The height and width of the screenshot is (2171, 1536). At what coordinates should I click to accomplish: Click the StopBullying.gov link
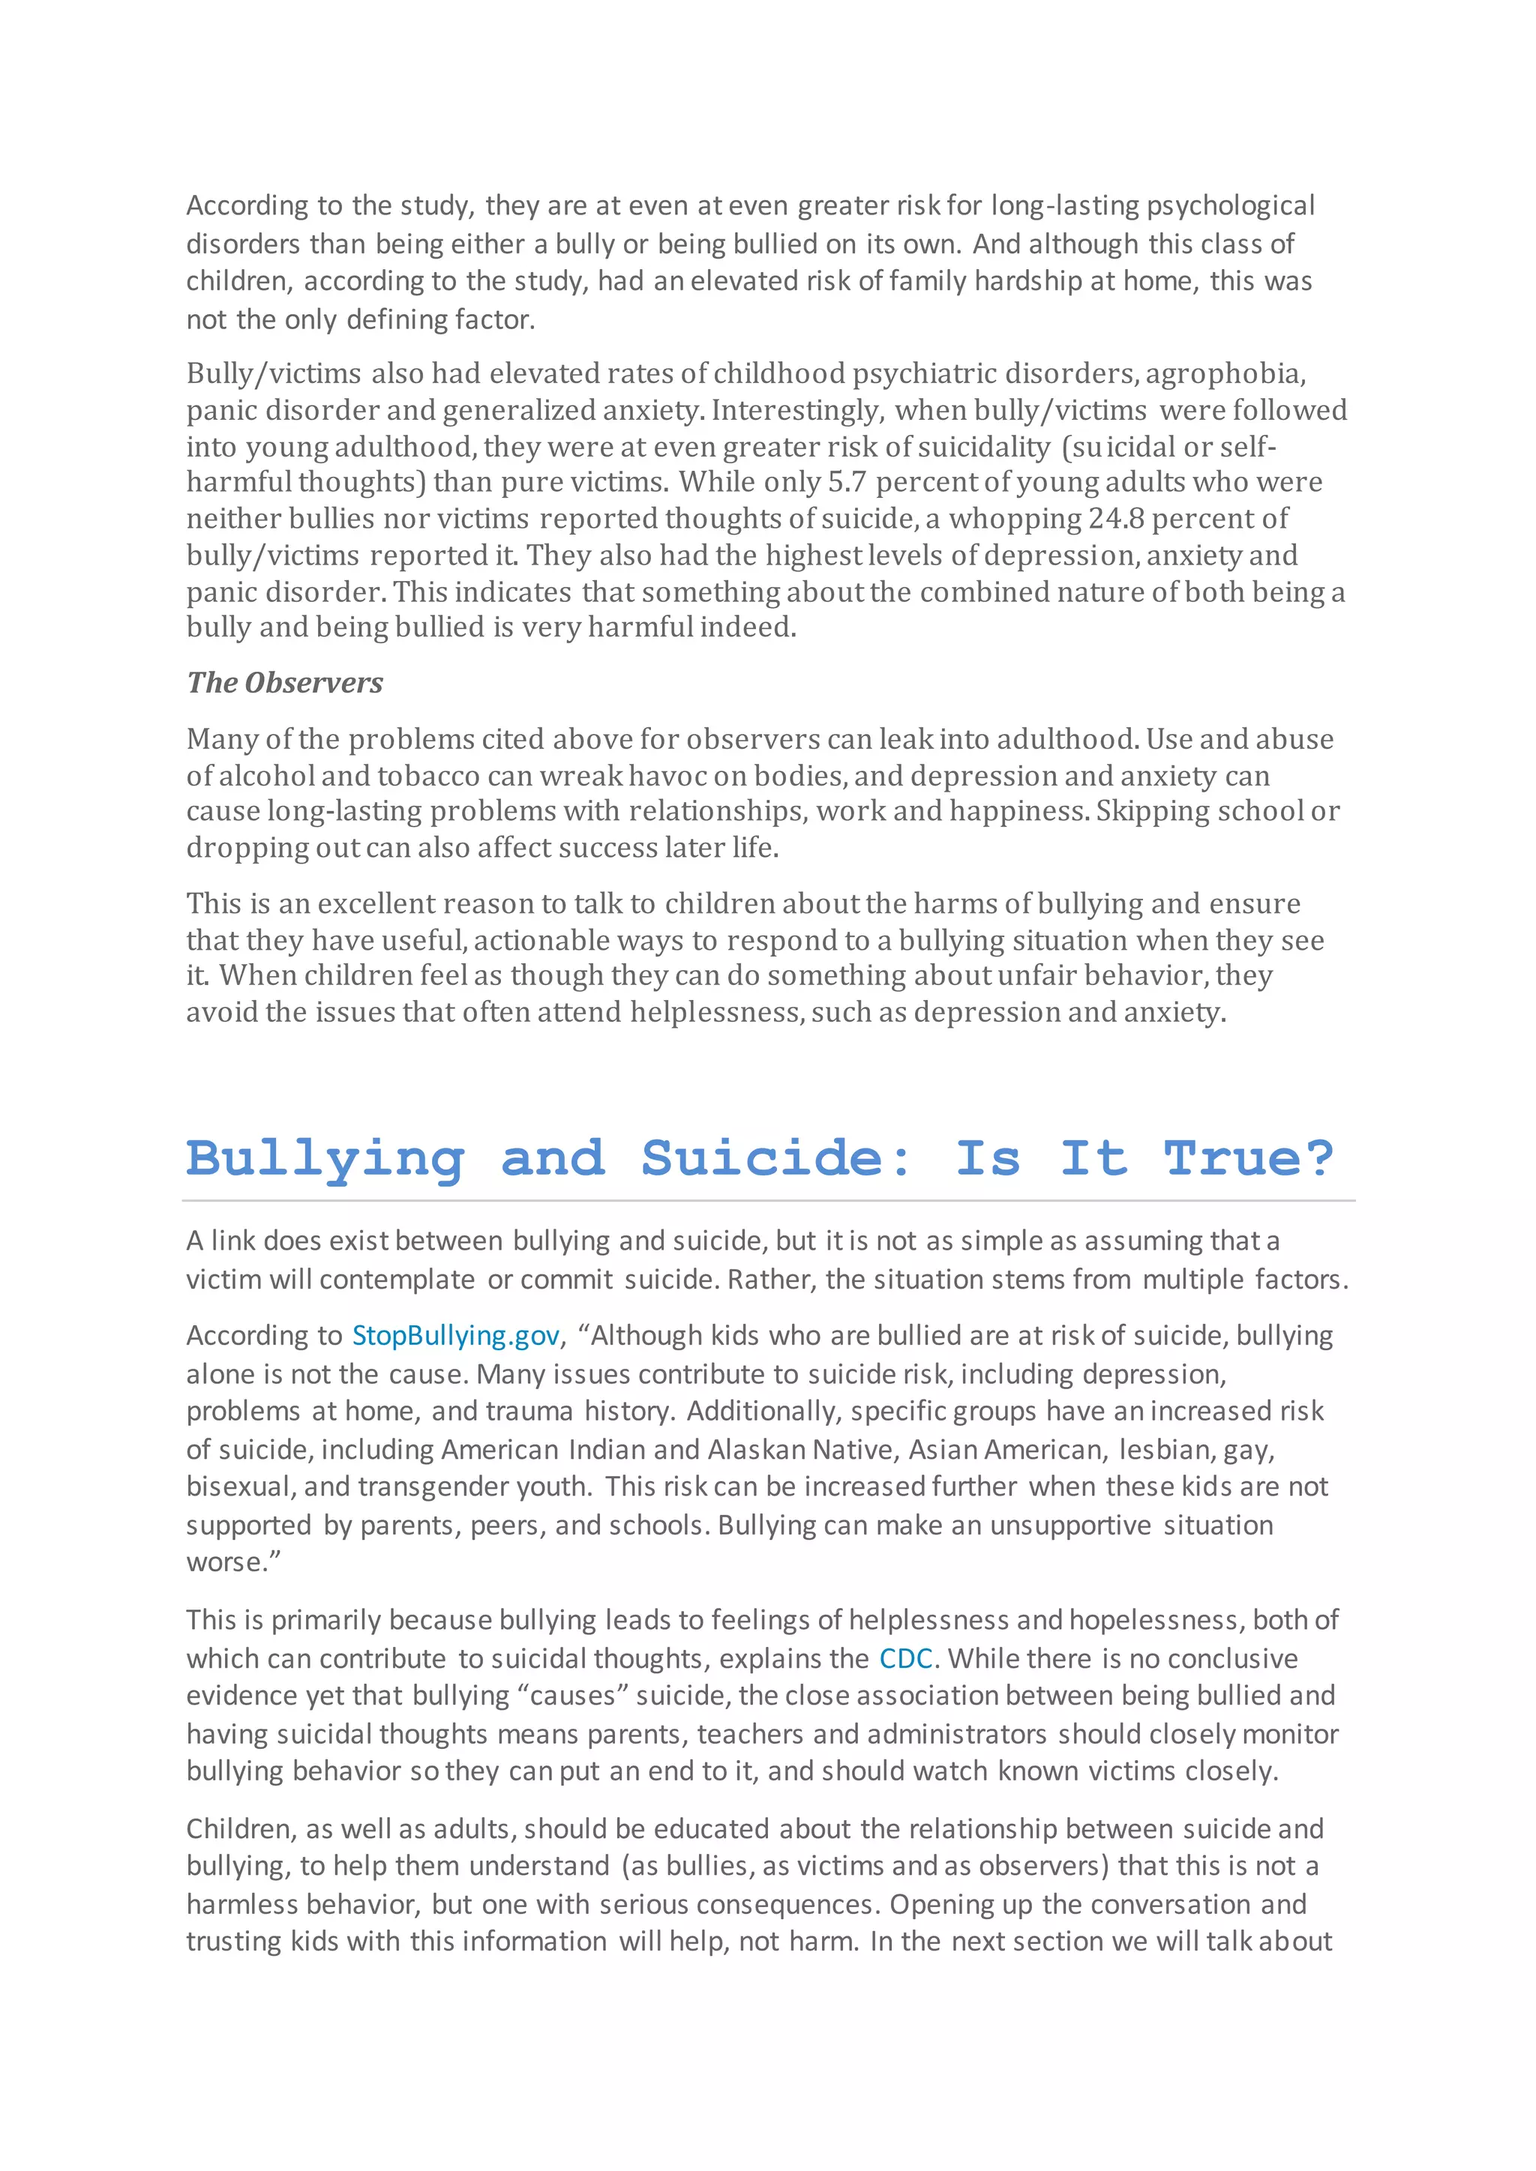click(456, 1335)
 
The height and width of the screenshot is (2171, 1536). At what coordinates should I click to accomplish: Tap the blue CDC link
click(905, 1658)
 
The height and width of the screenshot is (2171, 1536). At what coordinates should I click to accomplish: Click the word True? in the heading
click(1249, 1158)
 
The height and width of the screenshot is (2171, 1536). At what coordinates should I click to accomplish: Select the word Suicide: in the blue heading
click(775, 1158)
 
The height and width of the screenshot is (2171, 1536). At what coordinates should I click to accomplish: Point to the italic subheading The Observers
click(285, 683)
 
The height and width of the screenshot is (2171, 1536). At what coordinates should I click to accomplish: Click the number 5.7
click(847, 482)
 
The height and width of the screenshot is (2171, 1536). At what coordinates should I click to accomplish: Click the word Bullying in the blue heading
click(325, 1158)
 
